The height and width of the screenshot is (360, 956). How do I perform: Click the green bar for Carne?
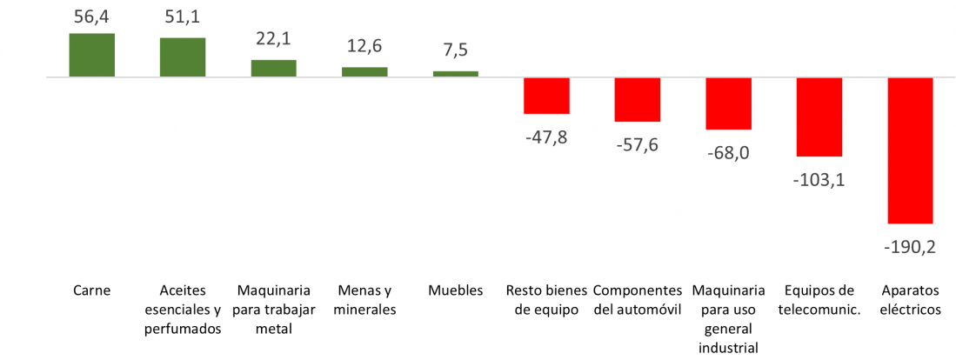click(92, 56)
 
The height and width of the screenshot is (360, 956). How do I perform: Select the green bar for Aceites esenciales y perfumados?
click(183, 57)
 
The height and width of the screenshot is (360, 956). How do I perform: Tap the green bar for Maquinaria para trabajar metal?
click(274, 69)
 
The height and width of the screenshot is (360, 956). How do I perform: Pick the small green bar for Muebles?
click(456, 75)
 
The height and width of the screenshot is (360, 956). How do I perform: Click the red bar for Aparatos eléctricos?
click(910, 150)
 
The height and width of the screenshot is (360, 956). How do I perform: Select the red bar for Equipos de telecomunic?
click(819, 117)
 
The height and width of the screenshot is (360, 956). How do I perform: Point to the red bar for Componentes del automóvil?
click(638, 99)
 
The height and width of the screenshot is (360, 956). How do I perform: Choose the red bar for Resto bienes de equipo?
click(546, 96)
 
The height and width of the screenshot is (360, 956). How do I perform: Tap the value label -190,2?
click(909, 247)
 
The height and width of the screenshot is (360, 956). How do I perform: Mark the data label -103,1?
click(819, 180)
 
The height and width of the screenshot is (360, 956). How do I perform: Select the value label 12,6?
click(364, 46)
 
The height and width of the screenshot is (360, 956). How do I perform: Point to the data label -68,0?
click(728, 153)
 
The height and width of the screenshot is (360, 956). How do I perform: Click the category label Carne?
click(92, 290)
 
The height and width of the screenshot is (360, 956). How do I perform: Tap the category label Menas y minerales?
click(364, 300)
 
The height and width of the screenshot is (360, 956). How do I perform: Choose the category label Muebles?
click(455, 290)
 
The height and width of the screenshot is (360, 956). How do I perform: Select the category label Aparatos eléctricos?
click(910, 300)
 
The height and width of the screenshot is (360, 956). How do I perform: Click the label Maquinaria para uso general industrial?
click(728, 319)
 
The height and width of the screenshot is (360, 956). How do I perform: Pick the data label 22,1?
click(274, 39)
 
